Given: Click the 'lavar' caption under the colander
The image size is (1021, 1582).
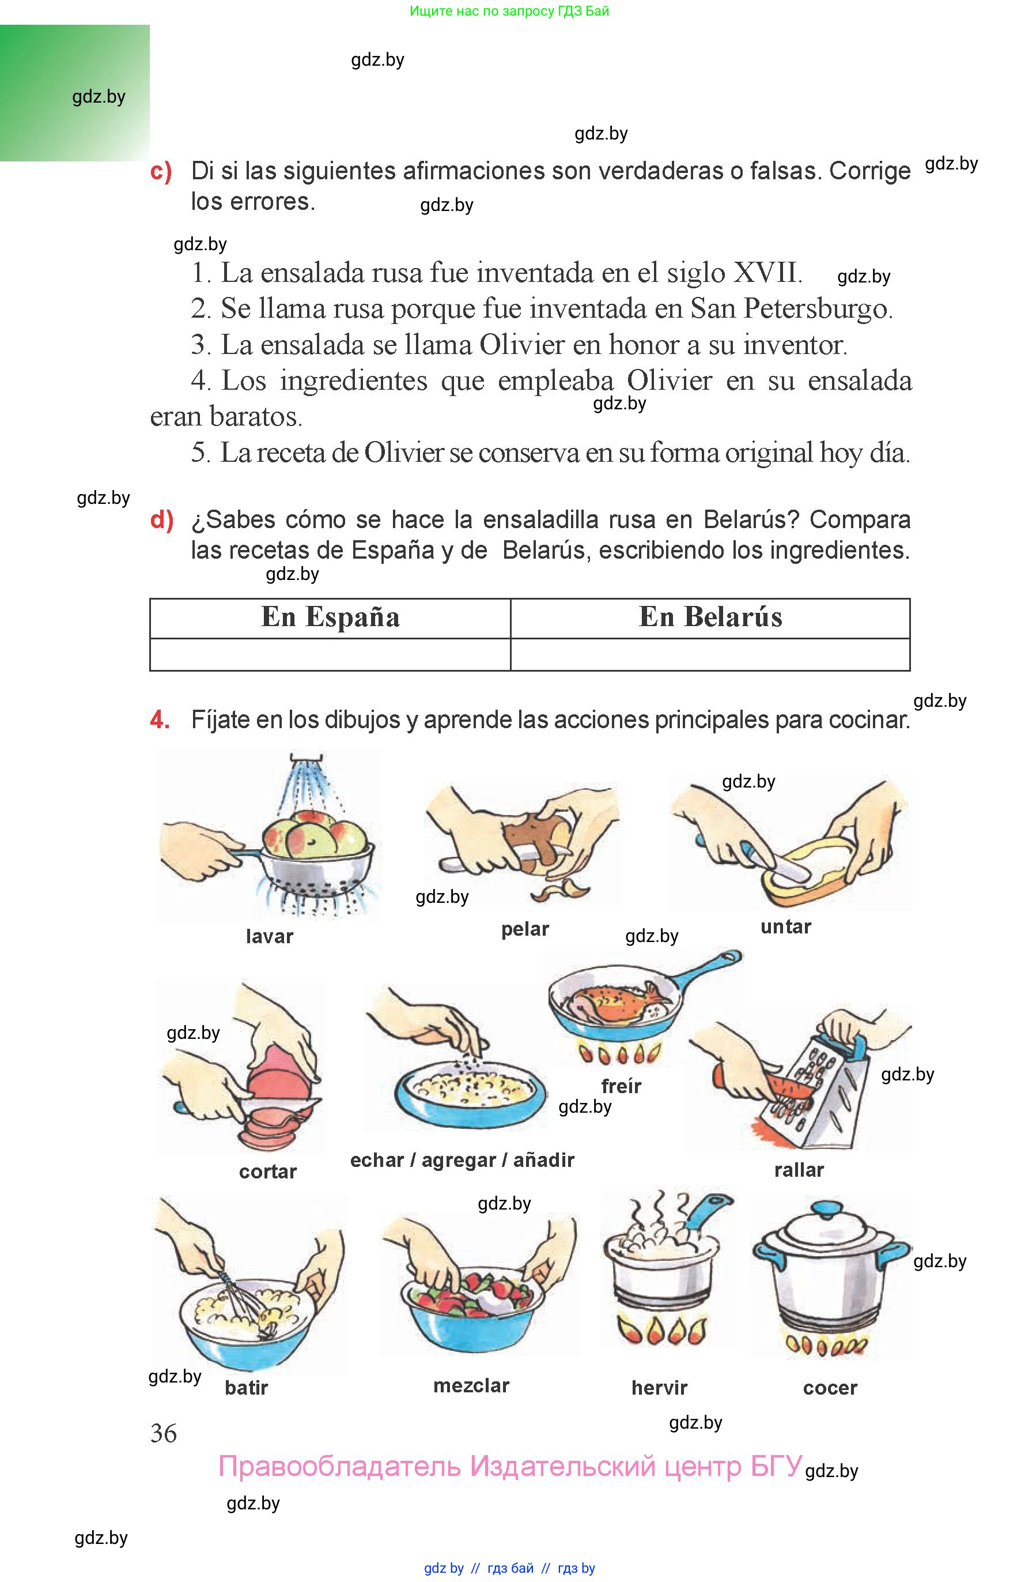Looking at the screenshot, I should (x=269, y=937).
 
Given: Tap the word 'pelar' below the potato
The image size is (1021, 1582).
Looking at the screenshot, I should (x=525, y=929).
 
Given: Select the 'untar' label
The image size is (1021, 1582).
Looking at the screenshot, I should (x=786, y=926).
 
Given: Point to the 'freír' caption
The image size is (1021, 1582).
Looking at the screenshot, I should (x=621, y=1087).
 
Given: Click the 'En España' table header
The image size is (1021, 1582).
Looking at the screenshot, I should (x=330, y=617).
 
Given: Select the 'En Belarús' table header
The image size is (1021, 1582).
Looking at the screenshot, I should (x=710, y=617).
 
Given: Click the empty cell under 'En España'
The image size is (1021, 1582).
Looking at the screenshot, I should (x=330, y=655).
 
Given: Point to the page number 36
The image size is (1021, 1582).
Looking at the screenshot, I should (x=163, y=1433).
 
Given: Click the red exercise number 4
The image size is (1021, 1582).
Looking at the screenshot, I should (x=159, y=720).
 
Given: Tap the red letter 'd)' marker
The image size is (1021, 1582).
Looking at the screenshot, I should (x=162, y=519).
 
